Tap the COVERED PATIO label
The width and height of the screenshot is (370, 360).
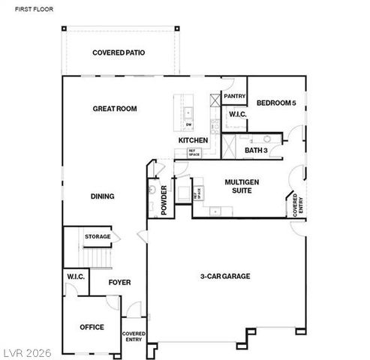tap(119, 52)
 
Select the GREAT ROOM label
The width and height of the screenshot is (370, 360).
tap(115, 109)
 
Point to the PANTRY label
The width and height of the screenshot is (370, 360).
tap(235, 96)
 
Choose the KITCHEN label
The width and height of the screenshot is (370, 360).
tap(193, 141)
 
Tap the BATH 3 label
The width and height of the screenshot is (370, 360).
tap(256, 151)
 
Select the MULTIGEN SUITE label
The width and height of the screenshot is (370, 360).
tap(242, 186)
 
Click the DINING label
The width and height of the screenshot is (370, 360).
tap(103, 196)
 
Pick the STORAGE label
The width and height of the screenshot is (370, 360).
tap(98, 237)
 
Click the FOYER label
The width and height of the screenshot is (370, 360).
tap(120, 283)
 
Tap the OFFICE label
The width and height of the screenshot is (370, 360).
tap(92, 327)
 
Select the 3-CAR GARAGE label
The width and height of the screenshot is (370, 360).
tap(225, 276)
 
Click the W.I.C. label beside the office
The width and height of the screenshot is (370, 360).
tap(76, 277)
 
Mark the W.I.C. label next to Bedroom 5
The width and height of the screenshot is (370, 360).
tap(238, 114)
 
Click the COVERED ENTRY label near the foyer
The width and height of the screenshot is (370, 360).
tap(134, 337)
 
